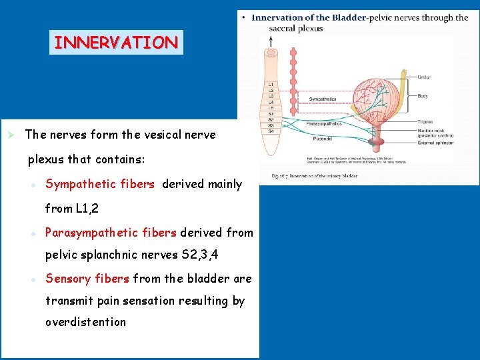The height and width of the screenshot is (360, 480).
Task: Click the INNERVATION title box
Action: click(x=116, y=43)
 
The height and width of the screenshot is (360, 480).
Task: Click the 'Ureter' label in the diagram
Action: click(x=423, y=78)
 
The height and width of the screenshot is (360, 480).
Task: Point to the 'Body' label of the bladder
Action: click(x=422, y=96)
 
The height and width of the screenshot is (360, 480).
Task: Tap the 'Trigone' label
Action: click(x=425, y=122)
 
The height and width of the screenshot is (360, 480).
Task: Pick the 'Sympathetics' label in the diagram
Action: click(x=323, y=99)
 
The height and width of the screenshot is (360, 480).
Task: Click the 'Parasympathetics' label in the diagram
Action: click(x=323, y=123)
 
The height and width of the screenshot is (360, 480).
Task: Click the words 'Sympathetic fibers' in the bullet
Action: click(x=100, y=184)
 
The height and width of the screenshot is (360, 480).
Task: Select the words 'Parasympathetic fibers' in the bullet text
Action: click(x=111, y=233)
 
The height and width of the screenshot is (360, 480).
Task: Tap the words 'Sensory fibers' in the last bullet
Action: click(x=87, y=279)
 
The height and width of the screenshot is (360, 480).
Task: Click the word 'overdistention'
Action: click(x=85, y=322)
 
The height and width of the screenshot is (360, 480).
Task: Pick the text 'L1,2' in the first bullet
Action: click(x=87, y=209)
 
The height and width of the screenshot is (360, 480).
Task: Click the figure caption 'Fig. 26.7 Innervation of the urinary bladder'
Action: click(x=314, y=176)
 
